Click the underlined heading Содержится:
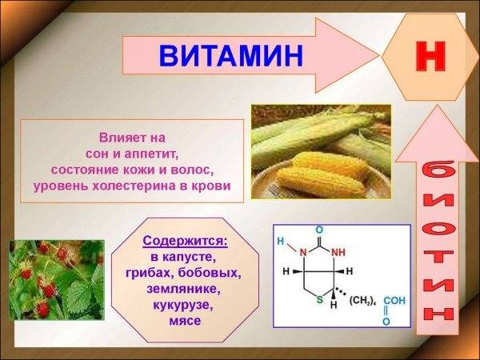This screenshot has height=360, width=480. coord(185,240)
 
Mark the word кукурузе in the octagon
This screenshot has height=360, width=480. coord(185,305)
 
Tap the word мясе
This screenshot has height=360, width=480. coord(185,321)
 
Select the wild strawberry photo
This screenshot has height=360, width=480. coord(56,280)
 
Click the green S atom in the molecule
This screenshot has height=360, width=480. coord(318,301)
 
